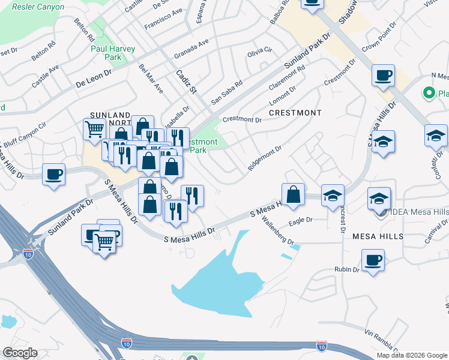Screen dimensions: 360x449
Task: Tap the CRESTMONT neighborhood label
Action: coord(295,113)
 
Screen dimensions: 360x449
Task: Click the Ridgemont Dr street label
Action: coord(265,157)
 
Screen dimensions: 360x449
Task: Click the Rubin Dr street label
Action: coord(347,269)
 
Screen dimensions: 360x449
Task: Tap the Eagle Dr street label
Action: coord(301,220)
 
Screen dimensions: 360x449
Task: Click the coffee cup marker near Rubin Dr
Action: coord(373,261)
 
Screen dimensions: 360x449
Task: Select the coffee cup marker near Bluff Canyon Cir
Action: coord(54,175)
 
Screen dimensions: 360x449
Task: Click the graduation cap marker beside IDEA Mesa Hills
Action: coord(379,199)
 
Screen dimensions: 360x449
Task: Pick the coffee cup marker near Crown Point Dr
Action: coord(383,76)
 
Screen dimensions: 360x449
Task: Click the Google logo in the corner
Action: coord(19,353)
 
